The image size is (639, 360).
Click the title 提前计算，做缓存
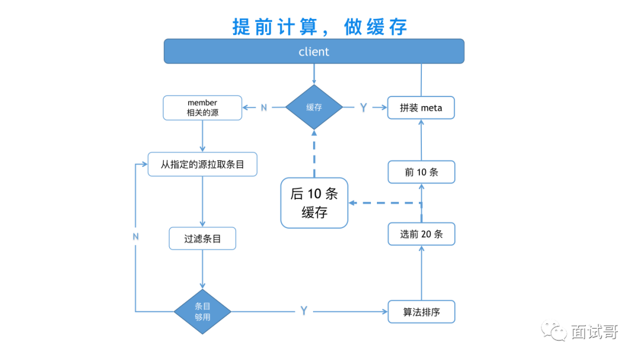tap(319, 27)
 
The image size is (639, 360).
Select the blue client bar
tap(314, 52)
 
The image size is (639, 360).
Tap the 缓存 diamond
tap(314, 107)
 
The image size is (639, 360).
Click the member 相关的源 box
tap(202, 108)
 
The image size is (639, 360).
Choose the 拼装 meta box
tap(421, 108)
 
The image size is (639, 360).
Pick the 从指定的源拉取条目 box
tap(202, 164)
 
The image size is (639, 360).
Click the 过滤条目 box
tap(202, 239)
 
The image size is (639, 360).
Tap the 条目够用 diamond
tap(202, 311)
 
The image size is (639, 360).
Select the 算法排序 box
tap(421, 311)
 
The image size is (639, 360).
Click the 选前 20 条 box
tap(421, 234)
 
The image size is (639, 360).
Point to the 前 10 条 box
tap(421, 172)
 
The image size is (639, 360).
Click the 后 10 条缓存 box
tap(314, 203)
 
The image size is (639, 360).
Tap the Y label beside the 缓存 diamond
tap(363, 107)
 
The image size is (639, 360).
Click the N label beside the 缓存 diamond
tap(264, 107)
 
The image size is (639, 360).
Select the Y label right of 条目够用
tap(304, 311)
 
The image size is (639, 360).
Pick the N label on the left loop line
tap(135, 236)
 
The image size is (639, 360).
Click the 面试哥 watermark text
tap(594, 332)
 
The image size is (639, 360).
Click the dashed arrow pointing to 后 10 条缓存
tap(385, 203)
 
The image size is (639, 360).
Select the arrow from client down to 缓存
tap(314, 74)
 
